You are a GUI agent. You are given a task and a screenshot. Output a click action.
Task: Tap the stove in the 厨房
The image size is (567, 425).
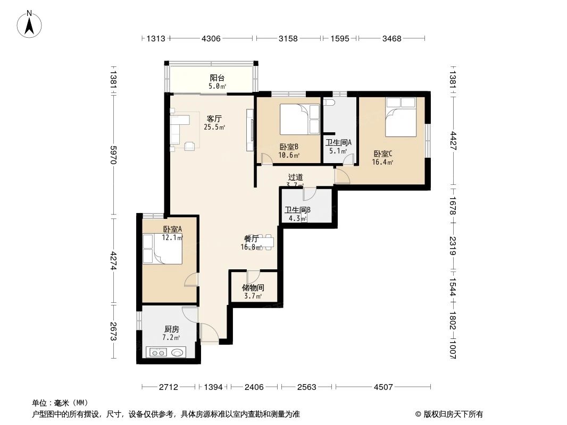pos(165,352)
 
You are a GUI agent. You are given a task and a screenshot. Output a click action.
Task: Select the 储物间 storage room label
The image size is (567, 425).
pos(253,287)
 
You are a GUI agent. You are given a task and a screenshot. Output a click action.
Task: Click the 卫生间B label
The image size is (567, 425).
pos(298,210)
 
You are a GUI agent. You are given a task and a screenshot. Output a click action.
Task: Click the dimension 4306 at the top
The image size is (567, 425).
pos(211,38)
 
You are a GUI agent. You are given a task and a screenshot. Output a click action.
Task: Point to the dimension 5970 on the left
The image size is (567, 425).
pos(113,155)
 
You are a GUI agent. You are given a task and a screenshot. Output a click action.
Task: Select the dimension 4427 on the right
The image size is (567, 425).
pos(453,141)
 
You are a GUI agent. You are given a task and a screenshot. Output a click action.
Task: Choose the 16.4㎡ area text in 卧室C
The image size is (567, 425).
pos(383,163)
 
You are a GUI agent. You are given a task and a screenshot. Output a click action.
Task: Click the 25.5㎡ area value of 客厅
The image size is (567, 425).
pos(214,127)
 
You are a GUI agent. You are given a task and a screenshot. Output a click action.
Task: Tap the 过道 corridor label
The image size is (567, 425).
pos(296,177)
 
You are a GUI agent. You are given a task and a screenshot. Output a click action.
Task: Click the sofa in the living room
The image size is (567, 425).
pos(177,127)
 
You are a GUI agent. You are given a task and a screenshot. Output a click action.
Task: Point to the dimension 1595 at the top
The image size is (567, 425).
pos(339,38)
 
